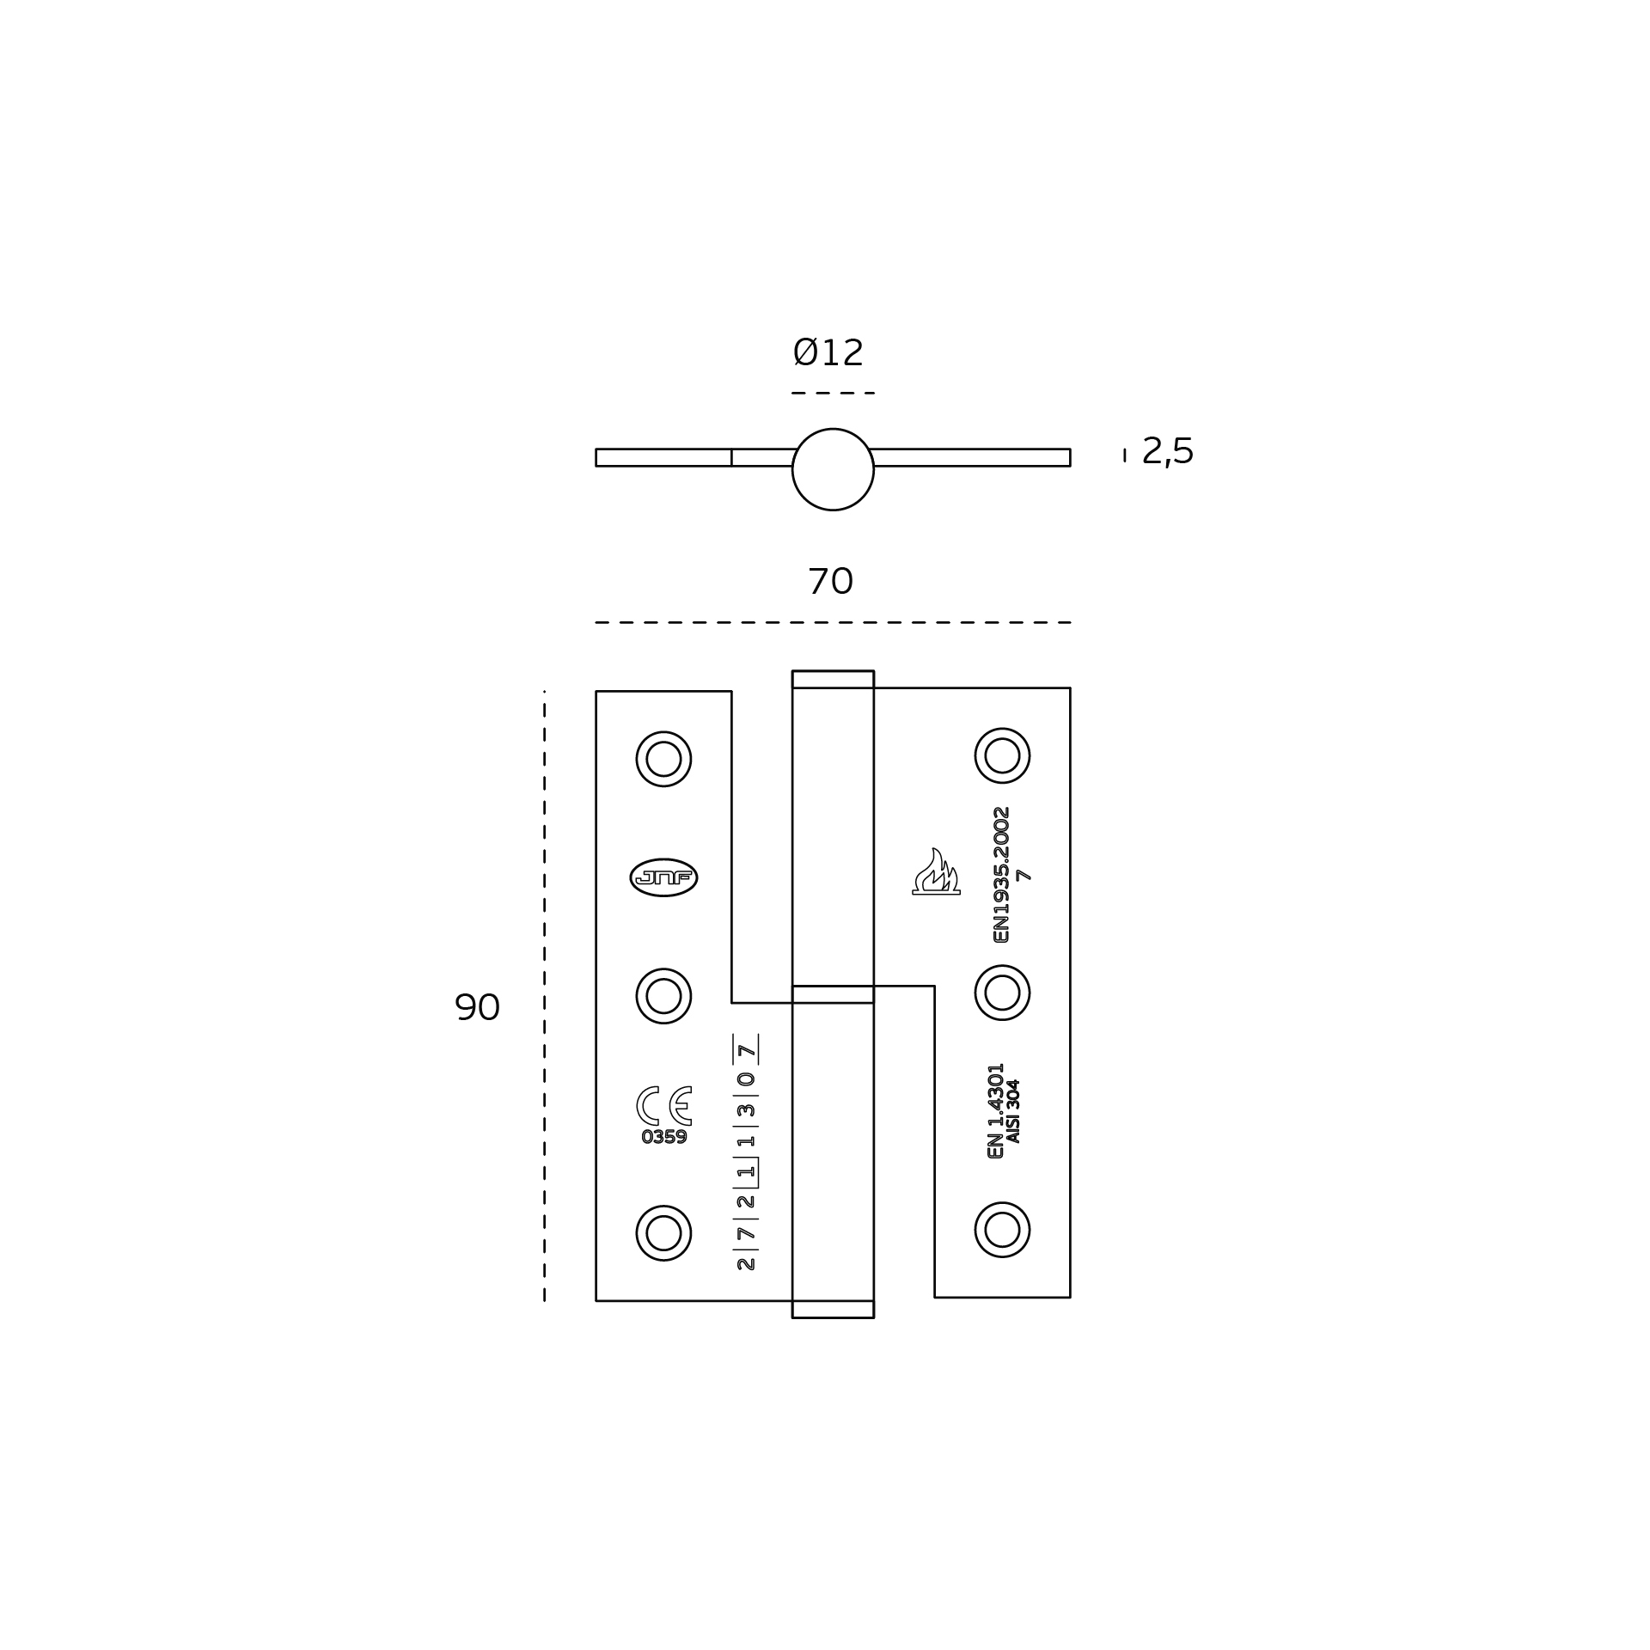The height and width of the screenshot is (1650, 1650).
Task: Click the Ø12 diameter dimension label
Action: [828, 353]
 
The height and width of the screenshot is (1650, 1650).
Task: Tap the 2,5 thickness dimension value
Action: [1167, 452]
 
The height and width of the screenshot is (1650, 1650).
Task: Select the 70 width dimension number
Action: [830, 582]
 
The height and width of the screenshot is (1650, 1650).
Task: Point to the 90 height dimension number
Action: [477, 1007]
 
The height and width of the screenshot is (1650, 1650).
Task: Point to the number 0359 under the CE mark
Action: [664, 1137]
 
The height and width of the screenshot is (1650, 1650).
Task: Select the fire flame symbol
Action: [936, 871]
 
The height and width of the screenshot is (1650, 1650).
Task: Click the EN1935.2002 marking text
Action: [1001, 874]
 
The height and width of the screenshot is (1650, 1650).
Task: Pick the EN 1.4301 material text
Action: [996, 1110]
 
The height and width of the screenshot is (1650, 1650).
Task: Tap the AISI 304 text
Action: [1013, 1111]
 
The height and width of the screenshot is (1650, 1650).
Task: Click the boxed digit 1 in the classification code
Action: [746, 1171]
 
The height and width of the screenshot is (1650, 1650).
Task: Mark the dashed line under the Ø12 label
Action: [833, 393]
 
